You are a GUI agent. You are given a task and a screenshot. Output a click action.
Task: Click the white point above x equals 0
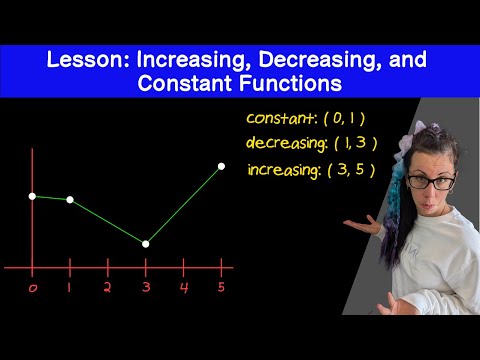[x=32, y=196]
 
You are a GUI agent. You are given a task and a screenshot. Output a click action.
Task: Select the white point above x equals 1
[x=70, y=200]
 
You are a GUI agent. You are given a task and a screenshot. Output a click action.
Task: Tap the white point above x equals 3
[x=146, y=244]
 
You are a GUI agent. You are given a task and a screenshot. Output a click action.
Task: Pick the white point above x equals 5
[x=221, y=166]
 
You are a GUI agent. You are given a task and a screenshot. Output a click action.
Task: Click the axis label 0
[x=33, y=288]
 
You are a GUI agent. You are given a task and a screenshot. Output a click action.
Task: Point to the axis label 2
[x=107, y=287]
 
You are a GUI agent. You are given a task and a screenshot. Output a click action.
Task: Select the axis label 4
[x=184, y=287]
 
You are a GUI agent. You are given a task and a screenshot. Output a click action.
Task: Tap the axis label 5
[x=221, y=287]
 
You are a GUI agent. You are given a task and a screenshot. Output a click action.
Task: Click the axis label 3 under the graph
[x=146, y=287]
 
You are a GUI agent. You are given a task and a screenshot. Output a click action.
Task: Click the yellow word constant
[x=280, y=118]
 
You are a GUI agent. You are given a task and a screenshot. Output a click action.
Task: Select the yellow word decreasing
[x=285, y=143]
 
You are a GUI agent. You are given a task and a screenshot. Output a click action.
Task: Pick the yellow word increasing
[x=283, y=170]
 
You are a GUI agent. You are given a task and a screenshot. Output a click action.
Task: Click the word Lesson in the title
[x=88, y=59]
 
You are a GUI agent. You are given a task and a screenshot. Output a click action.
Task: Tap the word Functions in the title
[x=290, y=83]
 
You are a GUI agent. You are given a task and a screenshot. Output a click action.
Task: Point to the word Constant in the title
[x=185, y=83]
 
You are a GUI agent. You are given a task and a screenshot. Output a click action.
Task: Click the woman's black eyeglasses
[x=431, y=182]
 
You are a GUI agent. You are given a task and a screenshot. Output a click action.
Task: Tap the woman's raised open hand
[x=364, y=226]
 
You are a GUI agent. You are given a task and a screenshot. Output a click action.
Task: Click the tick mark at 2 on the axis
[x=108, y=267]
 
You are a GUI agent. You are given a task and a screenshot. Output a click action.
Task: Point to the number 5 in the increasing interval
[x=360, y=170]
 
